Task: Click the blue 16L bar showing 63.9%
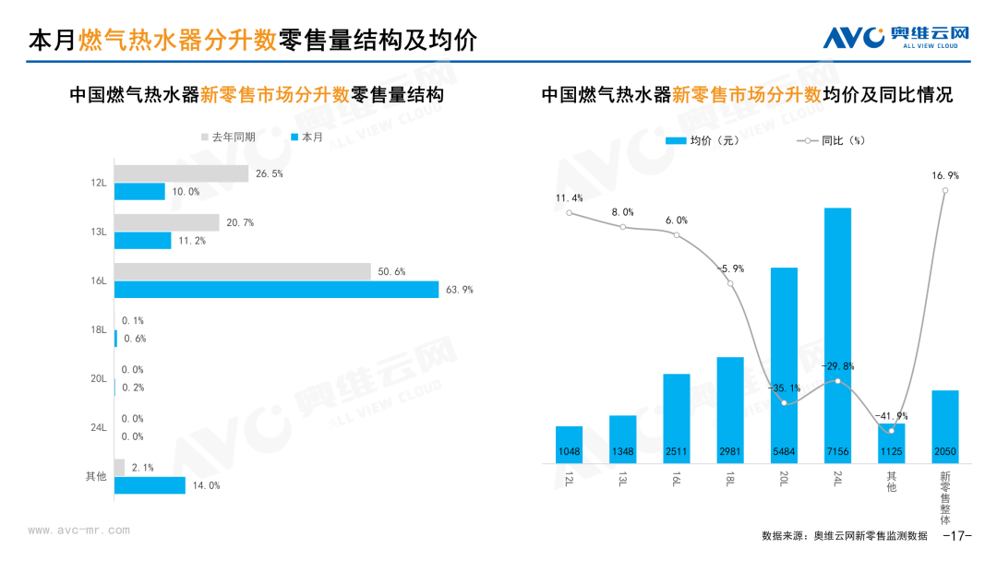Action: click(x=276, y=290)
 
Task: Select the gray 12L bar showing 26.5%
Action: click(x=181, y=173)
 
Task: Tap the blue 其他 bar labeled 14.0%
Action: click(x=150, y=484)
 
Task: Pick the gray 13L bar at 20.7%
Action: click(x=167, y=222)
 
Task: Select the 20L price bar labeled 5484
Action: click(x=784, y=365)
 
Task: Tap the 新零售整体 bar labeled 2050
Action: click(x=944, y=426)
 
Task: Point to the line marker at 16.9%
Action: click(x=945, y=190)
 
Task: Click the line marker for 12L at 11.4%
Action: click(x=570, y=213)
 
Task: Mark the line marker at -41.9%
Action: click(x=892, y=431)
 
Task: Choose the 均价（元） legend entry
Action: click(x=702, y=140)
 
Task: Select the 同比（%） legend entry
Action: click(x=831, y=140)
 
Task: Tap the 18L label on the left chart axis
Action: click(x=99, y=329)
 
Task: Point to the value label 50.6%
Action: click(x=391, y=272)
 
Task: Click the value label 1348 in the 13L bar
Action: click(x=623, y=452)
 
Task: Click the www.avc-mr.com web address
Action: click(x=78, y=531)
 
